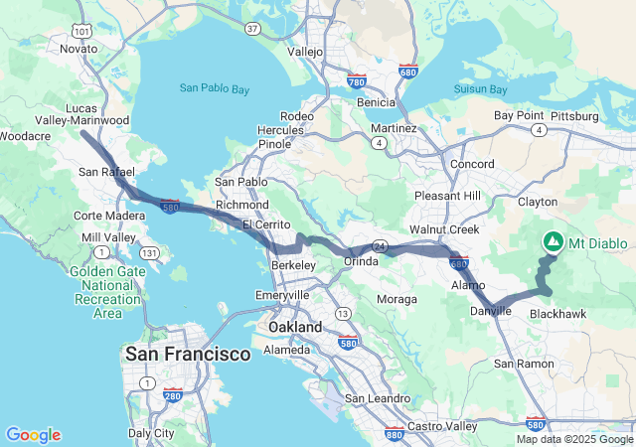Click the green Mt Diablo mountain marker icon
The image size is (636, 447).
[x=553, y=241]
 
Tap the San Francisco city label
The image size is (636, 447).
[x=188, y=354]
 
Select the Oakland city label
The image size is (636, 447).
[x=295, y=327]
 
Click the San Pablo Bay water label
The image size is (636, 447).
[x=215, y=88]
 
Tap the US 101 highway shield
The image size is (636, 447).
[x=82, y=32]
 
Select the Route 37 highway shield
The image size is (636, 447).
[x=253, y=29]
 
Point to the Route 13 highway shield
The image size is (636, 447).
[x=343, y=314]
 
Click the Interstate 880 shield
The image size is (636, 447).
[x=394, y=433]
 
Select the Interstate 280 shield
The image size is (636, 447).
[x=172, y=395]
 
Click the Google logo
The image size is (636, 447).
[x=33, y=435]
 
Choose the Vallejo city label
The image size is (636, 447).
[x=305, y=51]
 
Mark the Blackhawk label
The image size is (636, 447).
[x=557, y=313]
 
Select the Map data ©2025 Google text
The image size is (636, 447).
[x=574, y=439]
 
